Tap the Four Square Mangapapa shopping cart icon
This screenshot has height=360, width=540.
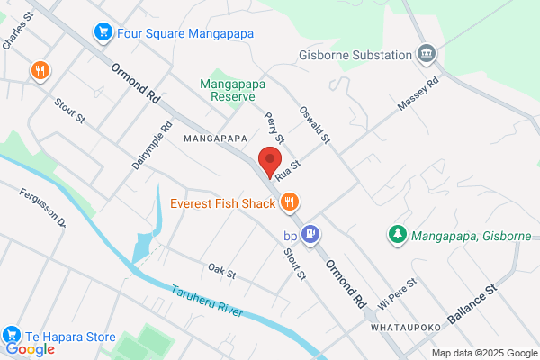[103, 32]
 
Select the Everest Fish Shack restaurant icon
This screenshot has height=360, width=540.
[289, 202]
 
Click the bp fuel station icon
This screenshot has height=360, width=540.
[310, 233]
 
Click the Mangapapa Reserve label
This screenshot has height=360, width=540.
[231, 87]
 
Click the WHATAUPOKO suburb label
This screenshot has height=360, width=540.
[404, 329]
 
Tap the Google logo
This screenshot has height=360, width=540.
[31, 349]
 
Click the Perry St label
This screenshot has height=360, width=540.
[274, 127]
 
